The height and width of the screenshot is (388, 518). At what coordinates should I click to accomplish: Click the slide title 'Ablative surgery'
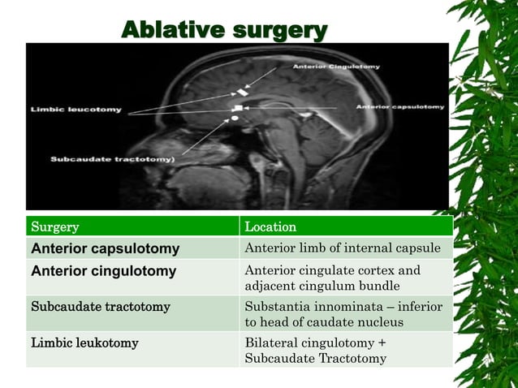(x=224, y=30)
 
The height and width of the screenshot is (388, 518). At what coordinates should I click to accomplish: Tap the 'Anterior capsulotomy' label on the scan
(x=400, y=107)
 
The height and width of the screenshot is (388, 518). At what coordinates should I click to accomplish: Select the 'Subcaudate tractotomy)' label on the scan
(x=112, y=159)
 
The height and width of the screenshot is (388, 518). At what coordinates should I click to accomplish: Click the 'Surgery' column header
(x=54, y=226)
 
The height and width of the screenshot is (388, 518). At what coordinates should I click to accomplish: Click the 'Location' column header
(x=270, y=226)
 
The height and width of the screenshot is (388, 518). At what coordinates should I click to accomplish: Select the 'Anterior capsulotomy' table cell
(x=105, y=248)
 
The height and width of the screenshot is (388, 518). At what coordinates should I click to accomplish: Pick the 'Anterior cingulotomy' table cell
(x=103, y=271)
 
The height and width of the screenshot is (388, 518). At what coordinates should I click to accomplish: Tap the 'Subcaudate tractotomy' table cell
(x=100, y=307)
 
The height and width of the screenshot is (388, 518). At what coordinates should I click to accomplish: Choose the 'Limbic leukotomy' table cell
(x=84, y=343)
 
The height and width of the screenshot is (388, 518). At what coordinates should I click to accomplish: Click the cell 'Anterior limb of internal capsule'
(x=343, y=248)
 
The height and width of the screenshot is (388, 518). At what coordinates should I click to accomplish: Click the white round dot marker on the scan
(x=235, y=119)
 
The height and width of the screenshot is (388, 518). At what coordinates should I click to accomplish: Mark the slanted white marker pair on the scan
(x=241, y=92)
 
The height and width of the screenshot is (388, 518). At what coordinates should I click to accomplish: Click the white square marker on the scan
(x=238, y=107)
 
